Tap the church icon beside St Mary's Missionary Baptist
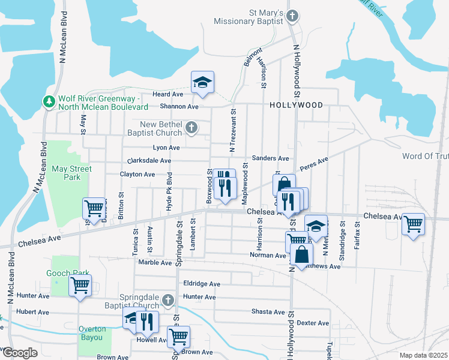click(292, 16)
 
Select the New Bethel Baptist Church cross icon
click(191, 127)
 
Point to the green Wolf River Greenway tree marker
click(49, 102)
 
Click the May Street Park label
click(71, 173)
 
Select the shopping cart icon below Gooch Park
click(80, 286)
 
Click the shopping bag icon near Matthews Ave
click(301, 254)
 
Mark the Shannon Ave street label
click(179, 107)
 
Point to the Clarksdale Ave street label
click(149, 161)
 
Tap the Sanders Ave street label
click(271, 158)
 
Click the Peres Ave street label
click(315, 164)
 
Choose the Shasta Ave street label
click(268, 312)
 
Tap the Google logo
click(19, 353)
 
